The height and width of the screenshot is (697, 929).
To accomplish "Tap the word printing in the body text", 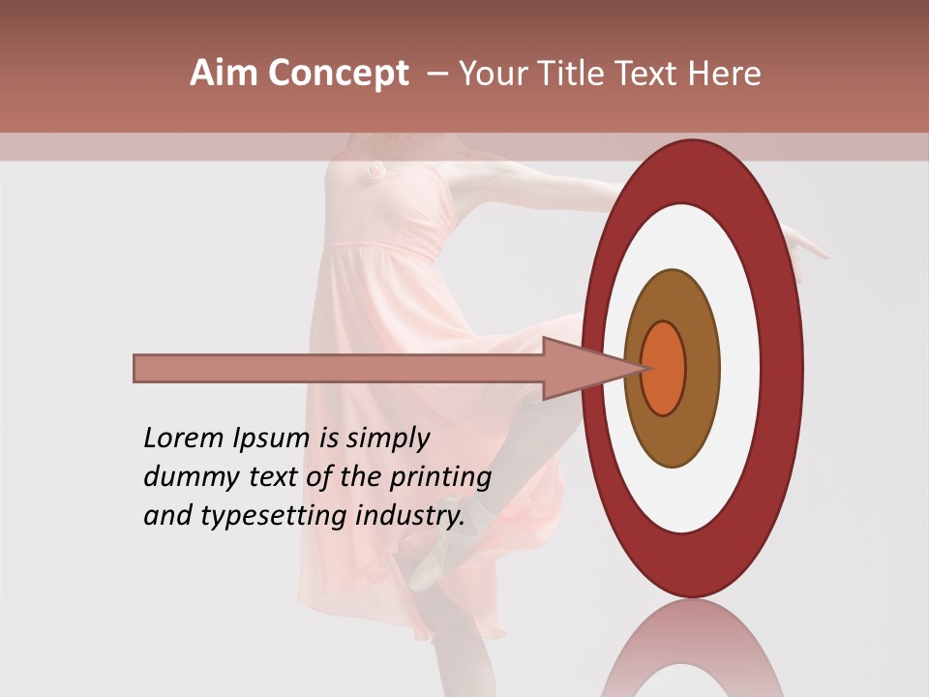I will click(440, 478).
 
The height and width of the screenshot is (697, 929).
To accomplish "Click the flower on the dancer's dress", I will click(372, 170).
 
